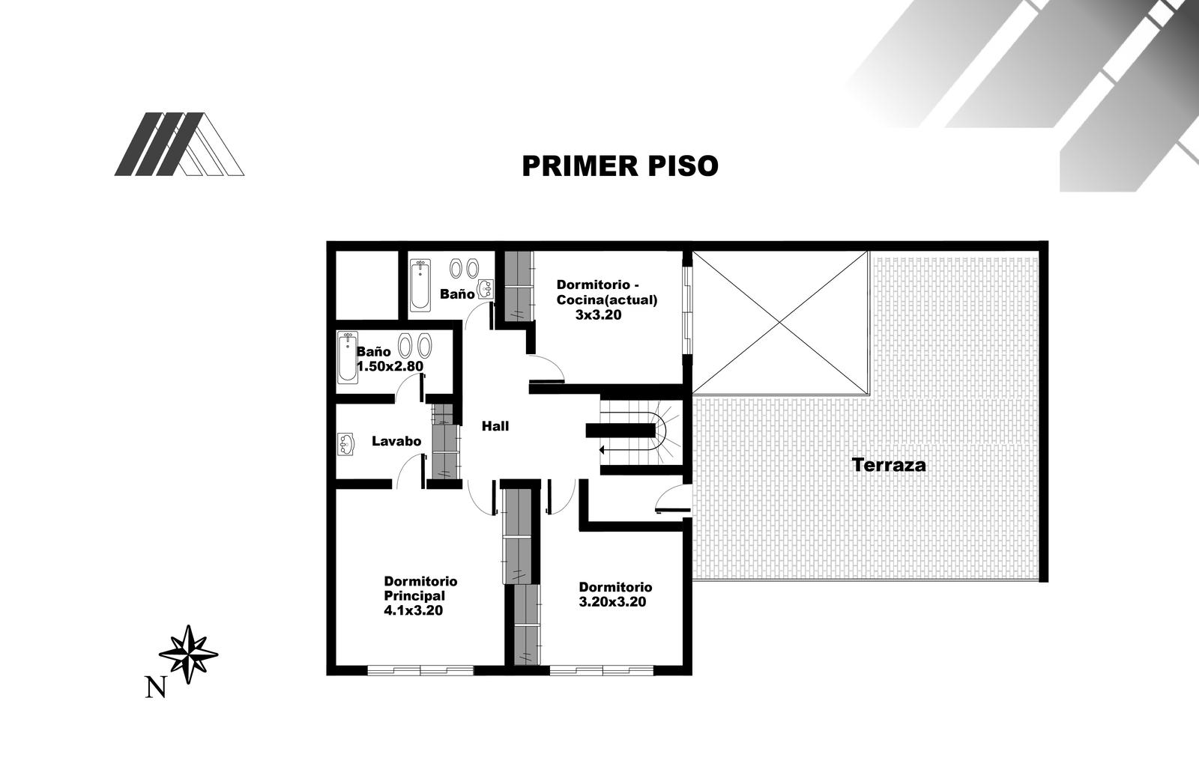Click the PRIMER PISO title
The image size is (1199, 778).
pyautogui.click(x=620, y=165)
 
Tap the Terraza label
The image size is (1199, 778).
pyautogui.click(x=889, y=465)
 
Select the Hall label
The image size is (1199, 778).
pyautogui.click(x=495, y=426)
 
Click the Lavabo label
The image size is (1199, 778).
pyautogui.click(x=396, y=441)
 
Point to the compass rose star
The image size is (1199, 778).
pyautogui.click(x=188, y=654)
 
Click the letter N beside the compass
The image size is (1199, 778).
pyautogui.click(x=155, y=687)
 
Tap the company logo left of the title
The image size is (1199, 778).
pyautogui.click(x=179, y=144)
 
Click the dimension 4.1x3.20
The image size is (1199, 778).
pyautogui.click(x=413, y=610)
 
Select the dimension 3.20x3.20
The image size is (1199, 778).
pyautogui.click(x=612, y=602)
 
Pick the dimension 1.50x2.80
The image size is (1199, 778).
pyautogui.click(x=390, y=366)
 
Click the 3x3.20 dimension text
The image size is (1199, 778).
pyautogui.click(x=599, y=315)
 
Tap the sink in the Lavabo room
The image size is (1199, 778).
pyautogui.click(x=345, y=444)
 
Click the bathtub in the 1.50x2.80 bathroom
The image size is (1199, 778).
pyautogui.click(x=348, y=357)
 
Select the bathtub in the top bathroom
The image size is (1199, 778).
pyautogui.click(x=420, y=285)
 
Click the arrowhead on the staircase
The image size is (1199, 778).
pyautogui.click(x=602, y=449)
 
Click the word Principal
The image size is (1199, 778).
pyautogui.click(x=414, y=595)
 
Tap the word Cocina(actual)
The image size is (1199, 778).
pyautogui.click(x=607, y=300)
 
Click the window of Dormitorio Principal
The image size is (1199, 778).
pyautogui.click(x=420, y=670)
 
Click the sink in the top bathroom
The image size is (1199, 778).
pyautogui.click(x=486, y=289)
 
